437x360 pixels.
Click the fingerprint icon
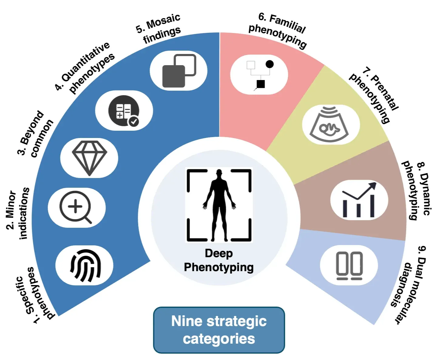pos(85,265)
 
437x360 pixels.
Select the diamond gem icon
pos(89,158)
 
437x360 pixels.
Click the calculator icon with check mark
pos(124,111)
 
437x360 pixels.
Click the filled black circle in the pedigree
pos(269,64)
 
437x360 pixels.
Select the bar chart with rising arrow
pos(359,200)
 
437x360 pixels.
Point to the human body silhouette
pos(219,205)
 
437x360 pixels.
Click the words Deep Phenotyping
pos(219,260)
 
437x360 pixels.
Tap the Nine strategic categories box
pos(219,330)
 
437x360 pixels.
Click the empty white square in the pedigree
pos(251,65)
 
